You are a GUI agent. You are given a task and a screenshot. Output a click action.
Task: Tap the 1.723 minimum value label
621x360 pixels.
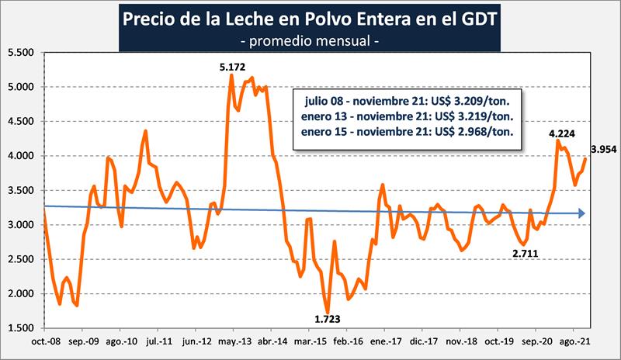point(327,318)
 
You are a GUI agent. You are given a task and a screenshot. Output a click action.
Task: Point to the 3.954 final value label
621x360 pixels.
point(603,149)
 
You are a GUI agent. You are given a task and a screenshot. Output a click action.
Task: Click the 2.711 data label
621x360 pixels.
point(526,252)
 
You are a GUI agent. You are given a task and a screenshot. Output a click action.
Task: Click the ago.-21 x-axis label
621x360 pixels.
point(572,341)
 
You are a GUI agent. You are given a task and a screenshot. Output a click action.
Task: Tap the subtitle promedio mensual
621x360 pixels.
point(310,39)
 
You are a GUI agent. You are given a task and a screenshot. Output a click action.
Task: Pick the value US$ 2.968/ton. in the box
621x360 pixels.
point(479,132)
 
